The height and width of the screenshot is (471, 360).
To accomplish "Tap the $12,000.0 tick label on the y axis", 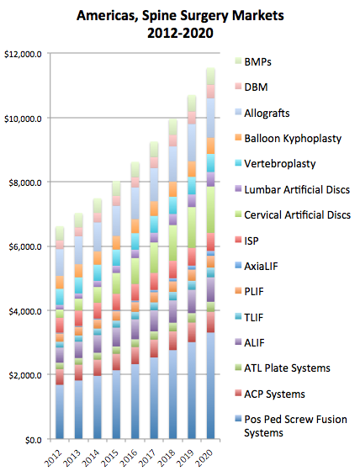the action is pyautogui.click(x=23, y=55).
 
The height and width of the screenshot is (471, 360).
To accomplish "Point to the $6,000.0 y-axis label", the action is pyautogui.click(x=25, y=247).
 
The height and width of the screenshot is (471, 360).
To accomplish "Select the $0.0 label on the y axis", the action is pyautogui.click(x=34, y=440).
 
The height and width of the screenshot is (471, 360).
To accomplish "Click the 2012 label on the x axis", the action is pyautogui.click(x=53, y=458).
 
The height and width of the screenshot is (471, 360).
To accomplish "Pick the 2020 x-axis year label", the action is pyautogui.click(x=204, y=458).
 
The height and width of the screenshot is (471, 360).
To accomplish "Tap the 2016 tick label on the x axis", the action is pyautogui.click(x=129, y=458).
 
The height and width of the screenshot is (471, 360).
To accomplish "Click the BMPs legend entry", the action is pyautogui.click(x=253, y=62).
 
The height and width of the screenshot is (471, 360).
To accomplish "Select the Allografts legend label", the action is pyautogui.click(x=262, y=113).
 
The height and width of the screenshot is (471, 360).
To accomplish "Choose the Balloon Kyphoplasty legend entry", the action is pyautogui.click(x=289, y=139).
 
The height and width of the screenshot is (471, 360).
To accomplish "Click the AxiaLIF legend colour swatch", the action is pyautogui.click(x=239, y=265).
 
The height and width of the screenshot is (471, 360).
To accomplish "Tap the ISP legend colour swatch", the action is pyautogui.click(x=239, y=240).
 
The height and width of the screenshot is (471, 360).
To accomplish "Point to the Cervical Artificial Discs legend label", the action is pyautogui.click(x=298, y=215).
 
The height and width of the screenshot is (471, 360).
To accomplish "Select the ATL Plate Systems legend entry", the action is pyautogui.click(x=283, y=368).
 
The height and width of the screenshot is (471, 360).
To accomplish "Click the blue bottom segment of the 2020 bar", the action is pyautogui.click(x=210, y=386).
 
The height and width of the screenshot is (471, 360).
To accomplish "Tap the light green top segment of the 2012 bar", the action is pyautogui.click(x=60, y=234).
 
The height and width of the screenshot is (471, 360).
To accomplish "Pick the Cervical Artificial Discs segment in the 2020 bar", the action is pyautogui.click(x=210, y=210).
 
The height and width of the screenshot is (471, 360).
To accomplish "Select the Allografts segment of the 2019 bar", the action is pyautogui.click(x=192, y=143).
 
